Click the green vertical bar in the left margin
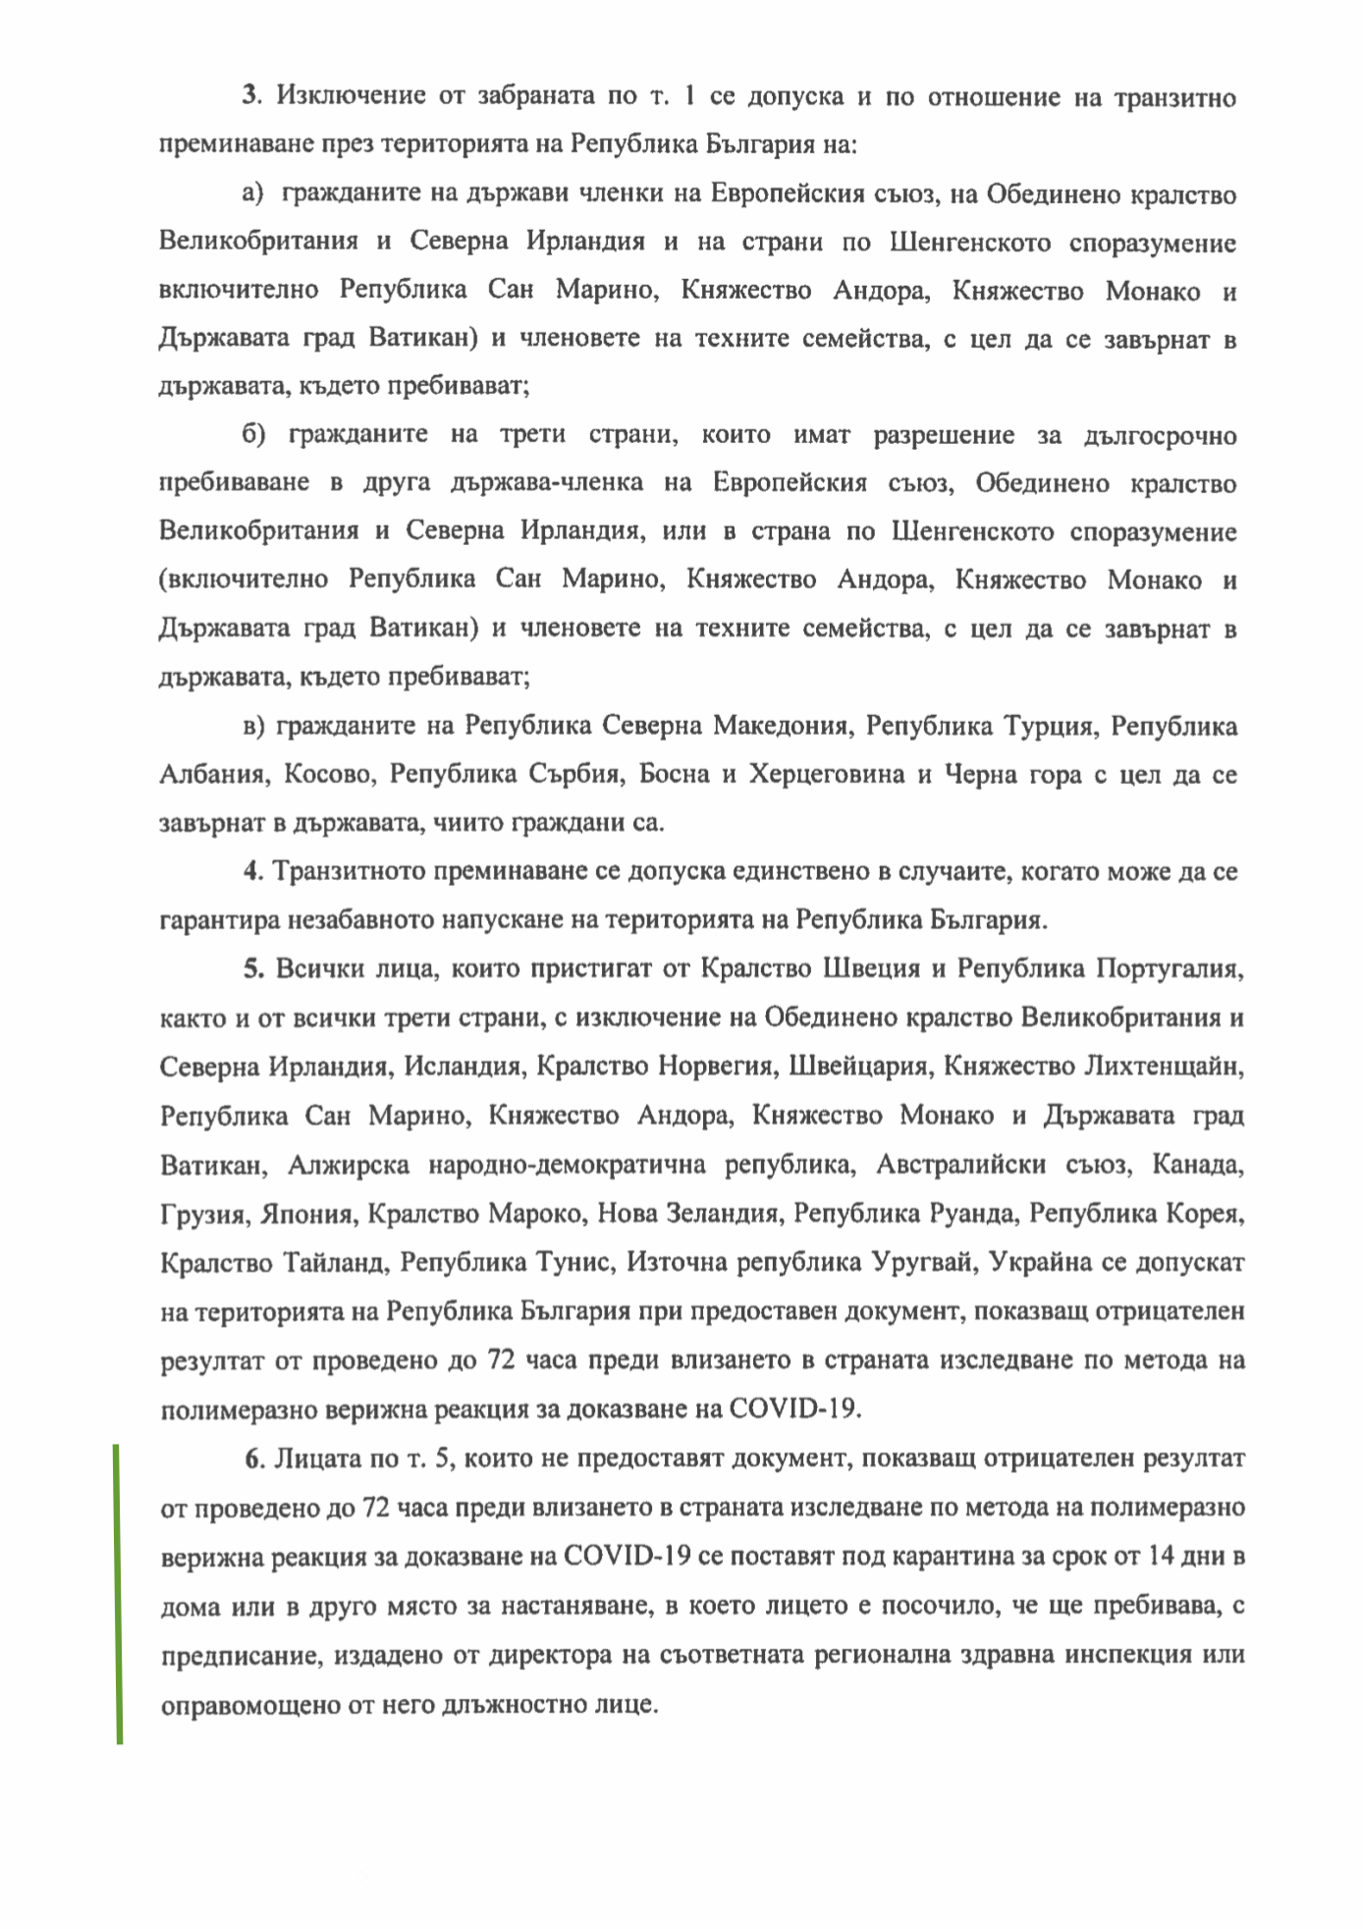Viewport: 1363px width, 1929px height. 120,1593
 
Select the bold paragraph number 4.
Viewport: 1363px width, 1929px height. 251,871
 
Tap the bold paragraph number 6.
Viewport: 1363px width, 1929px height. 254,1459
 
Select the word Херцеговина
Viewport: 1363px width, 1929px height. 826,775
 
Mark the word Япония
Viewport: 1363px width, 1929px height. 307,1215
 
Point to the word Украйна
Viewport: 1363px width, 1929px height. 1041,1263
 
